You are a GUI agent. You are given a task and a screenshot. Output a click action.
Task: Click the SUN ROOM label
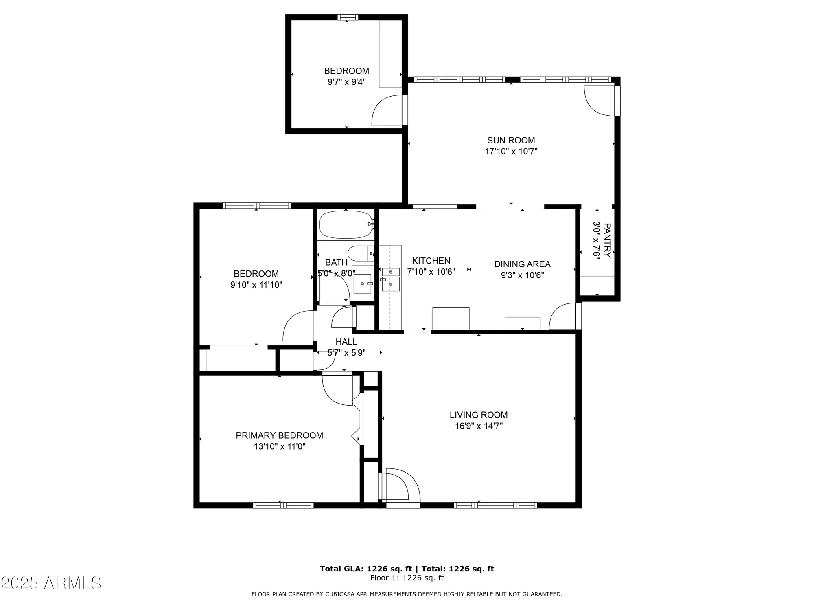[511, 141]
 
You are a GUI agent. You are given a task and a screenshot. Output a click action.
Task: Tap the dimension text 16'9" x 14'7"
[479, 426]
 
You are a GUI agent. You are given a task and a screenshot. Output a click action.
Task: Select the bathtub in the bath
[346, 224]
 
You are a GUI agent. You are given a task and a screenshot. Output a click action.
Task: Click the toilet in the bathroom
[360, 253]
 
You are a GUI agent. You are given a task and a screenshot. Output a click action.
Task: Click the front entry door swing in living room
[401, 486]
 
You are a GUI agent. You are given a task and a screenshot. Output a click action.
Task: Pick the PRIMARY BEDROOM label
[279, 435]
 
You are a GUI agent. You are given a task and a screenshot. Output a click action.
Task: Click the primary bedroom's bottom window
[283, 505]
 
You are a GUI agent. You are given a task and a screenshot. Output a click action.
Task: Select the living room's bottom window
[495, 505]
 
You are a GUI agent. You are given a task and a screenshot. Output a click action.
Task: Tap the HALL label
[346, 342]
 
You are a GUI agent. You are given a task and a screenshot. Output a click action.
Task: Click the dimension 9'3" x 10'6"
[522, 275]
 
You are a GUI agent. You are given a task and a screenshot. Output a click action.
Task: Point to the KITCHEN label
[431, 261]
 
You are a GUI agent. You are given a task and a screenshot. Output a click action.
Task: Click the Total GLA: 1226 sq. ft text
[365, 569]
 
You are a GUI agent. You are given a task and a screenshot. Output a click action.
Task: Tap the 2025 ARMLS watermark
[51, 583]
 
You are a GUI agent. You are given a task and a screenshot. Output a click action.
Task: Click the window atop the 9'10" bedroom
[257, 206]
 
